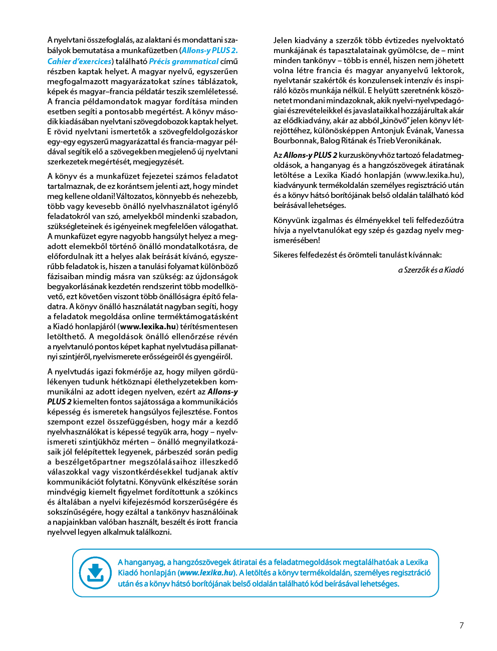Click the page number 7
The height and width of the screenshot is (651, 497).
point(461,625)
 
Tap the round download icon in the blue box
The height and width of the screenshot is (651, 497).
point(95,573)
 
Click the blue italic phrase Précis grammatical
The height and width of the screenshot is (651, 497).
point(183,61)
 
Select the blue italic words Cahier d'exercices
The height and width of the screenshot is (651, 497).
point(80,61)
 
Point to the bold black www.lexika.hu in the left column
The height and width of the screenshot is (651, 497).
point(149,326)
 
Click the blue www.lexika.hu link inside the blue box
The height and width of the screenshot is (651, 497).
point(206,573)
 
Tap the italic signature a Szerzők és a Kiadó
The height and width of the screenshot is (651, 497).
point(431,270)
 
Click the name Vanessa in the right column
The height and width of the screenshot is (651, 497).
point(449,130)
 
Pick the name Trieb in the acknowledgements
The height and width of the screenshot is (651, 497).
point(385,140)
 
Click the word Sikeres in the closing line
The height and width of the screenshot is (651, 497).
point(286,255)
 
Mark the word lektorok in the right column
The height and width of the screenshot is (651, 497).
point(448,70)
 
